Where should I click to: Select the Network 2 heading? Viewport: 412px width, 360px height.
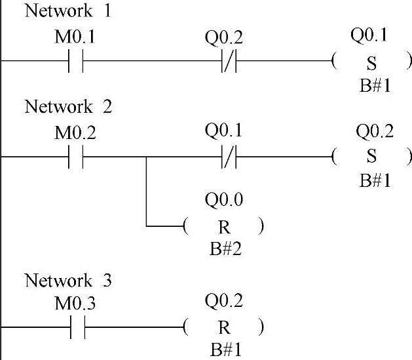coord(67,106)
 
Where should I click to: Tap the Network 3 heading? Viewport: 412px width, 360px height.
coord(67,281)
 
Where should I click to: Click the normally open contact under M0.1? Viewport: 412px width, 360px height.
coord(77,62)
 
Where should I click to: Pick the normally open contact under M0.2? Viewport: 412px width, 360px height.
coord(77,158)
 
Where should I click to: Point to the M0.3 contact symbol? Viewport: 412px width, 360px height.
coord(77,327)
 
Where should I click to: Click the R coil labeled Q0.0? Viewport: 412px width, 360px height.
coord(224,228)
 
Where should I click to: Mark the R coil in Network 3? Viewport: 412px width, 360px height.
coord(224,327)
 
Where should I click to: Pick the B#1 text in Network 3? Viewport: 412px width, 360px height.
coord(224,350)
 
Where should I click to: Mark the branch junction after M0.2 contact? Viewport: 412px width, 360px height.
coord(146,158)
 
